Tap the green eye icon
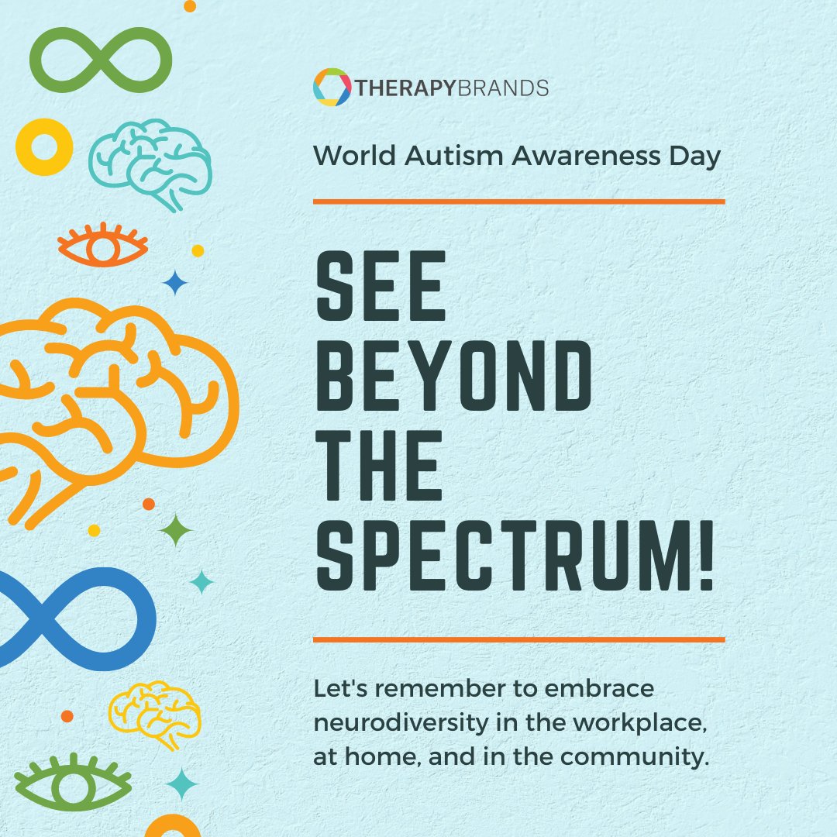(69, 780)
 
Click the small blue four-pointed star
(175, 284)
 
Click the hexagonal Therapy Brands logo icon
(332, 88)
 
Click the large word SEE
(381, 291)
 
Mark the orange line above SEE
(518, 201)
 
